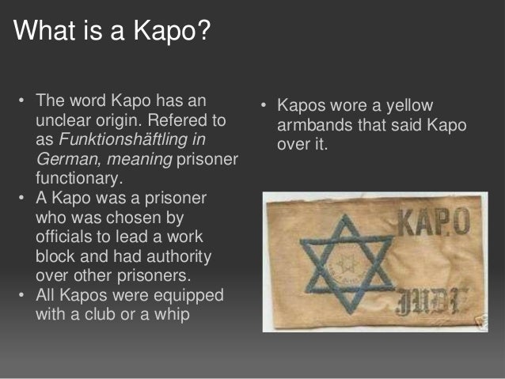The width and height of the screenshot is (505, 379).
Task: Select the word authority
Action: [191, 256]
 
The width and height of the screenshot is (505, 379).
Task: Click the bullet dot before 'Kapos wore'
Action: [266, 107]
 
